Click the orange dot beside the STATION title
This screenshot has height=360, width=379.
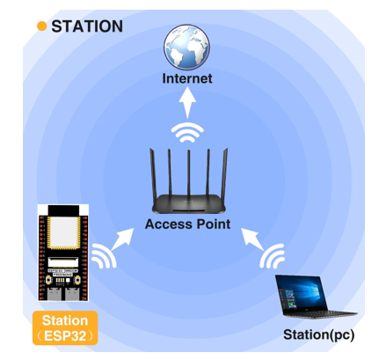tap(42, 26)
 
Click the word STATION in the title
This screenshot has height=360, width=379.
tap(87, 26)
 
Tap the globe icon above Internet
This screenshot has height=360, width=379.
tap(186, 47)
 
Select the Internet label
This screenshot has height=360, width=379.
tap(187, 78)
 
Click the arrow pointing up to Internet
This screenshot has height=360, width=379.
tap(187, 103)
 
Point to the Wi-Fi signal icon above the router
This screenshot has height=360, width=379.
tap(187, 133)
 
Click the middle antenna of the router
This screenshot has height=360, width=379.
tap(189, 173)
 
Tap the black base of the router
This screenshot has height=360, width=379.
tap(189, 204)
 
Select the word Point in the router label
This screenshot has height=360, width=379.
tap(214, 224)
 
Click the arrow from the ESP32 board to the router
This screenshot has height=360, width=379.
tap(122, 239)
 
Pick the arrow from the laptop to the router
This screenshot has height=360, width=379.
tap(252, 239)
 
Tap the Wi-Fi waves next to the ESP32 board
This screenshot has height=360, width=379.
tap(104, 256)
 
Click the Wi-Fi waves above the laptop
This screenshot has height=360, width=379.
tap(273, 256)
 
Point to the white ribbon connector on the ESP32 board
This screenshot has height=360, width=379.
tap(63, 261)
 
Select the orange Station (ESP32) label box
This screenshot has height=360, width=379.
tap(65, 327)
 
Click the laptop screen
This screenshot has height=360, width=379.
tap(302, 294)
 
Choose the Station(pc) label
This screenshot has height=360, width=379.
tap(319, 334)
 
